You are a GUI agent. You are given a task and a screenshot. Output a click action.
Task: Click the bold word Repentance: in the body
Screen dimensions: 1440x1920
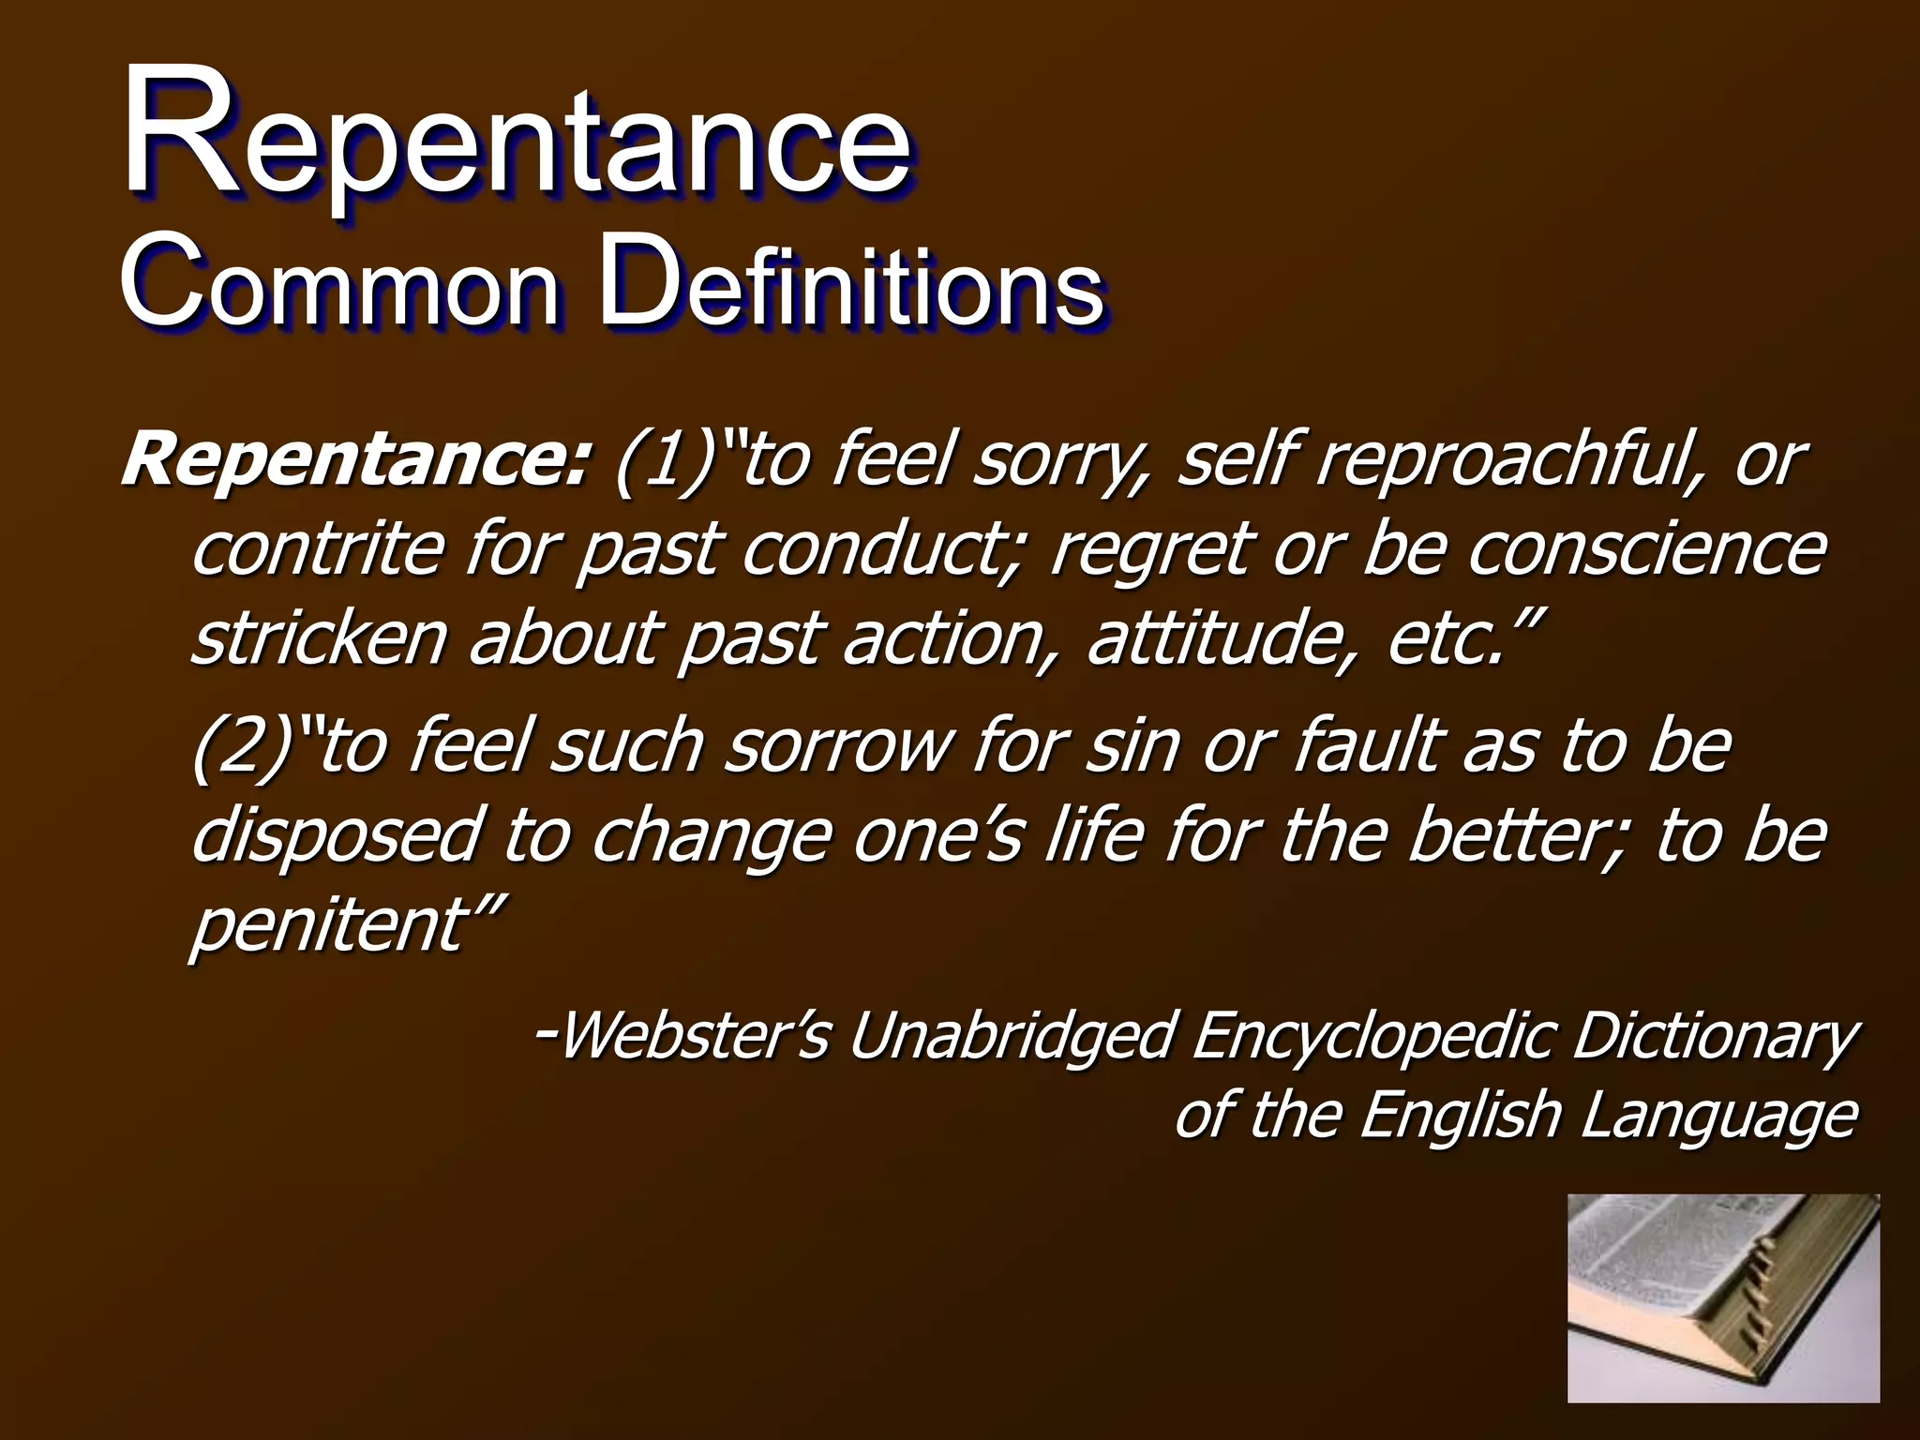pyautogui.click(x=356, y=461)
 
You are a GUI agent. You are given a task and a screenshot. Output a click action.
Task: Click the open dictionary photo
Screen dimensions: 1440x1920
pyautogui.click(x=1723, y=1297)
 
